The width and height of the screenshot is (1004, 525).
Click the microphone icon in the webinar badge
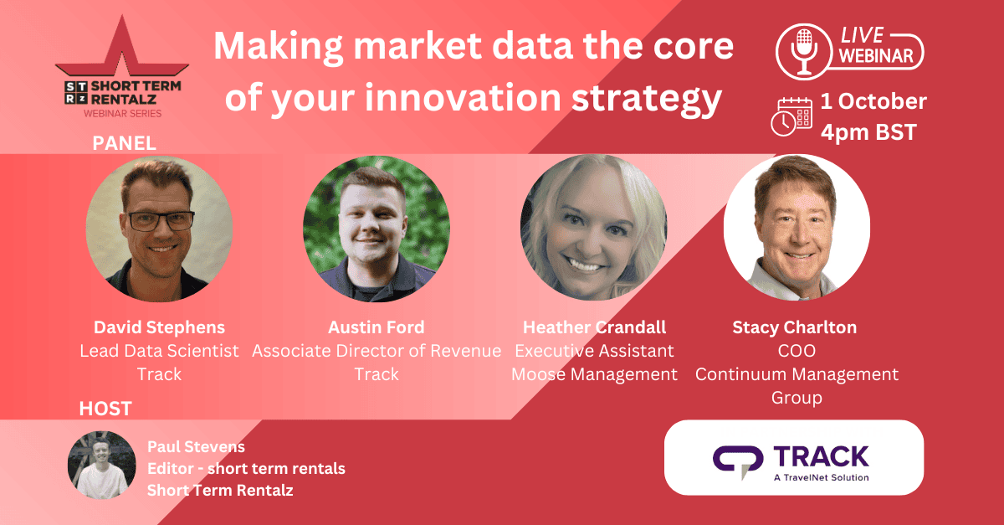click(x=804, y=52)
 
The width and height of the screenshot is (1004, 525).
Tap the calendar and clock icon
click(x=791, y=116)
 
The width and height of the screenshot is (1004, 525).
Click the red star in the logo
click(x=122, y=47)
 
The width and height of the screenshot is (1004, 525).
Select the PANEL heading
click(x=124, y=143)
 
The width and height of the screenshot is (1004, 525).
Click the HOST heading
click(x=105, y=409)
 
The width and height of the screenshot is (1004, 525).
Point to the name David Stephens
click(x=159, y=327)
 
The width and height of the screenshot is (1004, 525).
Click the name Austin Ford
click(x=376, y=327)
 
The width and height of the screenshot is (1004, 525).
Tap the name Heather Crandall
click(x=594, y=327)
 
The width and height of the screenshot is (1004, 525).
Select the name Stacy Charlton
click(x=795, y=327)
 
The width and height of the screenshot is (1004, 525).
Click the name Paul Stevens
click(x=196, y=446)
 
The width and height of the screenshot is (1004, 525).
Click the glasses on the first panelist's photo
click(x=161, y=221)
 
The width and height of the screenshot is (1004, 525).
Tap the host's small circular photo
click(x=102, y=465)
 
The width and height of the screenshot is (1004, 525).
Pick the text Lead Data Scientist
click(x=159, y=351)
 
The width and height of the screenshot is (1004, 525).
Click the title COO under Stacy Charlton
click(x=797, y=351)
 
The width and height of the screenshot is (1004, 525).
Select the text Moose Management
click(x=594, y=374)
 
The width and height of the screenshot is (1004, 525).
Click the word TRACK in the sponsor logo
click(x=821, y=457)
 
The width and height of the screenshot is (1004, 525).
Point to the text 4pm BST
click(x=868, y=132)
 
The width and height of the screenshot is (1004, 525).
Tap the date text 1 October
click(x=873, y=101)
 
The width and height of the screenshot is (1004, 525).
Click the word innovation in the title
click(x=463, y=97)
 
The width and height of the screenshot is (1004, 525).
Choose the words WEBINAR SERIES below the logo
click(x=122, y=114)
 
